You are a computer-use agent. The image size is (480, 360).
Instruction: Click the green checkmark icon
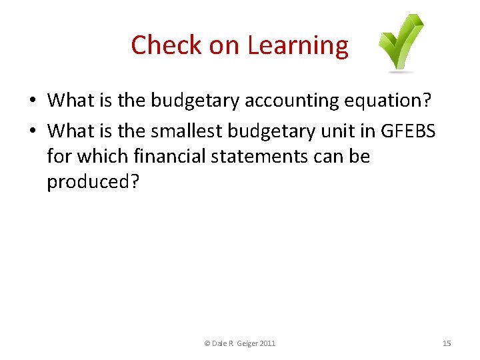pos(400,43)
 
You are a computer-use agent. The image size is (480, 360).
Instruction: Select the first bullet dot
pos(32,101)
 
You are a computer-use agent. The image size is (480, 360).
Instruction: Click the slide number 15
pos(447,343)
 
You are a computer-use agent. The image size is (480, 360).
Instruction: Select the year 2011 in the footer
pos(267,343)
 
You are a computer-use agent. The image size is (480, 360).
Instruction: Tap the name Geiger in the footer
pos(245,343)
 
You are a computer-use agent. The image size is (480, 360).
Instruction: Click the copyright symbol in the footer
pos(207,343)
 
